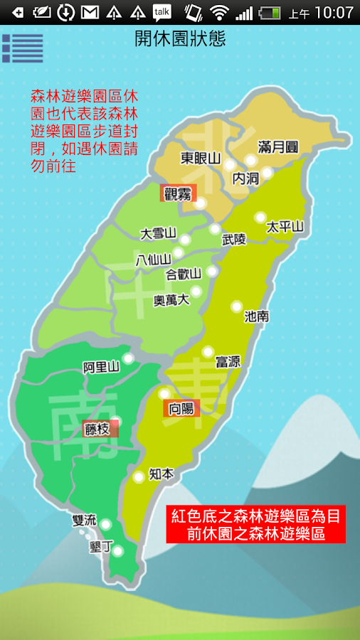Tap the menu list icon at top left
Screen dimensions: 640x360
tap(22, 48)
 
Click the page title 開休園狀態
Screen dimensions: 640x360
tap(180, 39)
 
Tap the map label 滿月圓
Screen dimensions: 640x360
tap(278, 147)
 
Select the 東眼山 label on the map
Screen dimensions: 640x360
tap(201, 158)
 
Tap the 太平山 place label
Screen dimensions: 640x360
tap(285, 227)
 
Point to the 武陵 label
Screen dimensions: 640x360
tap(234, 240)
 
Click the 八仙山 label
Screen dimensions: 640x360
tap(153, 258)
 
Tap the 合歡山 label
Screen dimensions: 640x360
tap(183, 274)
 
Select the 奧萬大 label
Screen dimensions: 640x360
tap(171, 300)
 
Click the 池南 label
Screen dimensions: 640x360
tap(256, 316)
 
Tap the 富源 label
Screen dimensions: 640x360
tap(228, 362)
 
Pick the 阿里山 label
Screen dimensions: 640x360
tap(100, 368)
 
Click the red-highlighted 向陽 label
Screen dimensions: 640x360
tap(181, 408)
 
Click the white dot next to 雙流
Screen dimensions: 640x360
tap(106, 525)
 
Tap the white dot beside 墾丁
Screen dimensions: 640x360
tap(117, 550)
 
